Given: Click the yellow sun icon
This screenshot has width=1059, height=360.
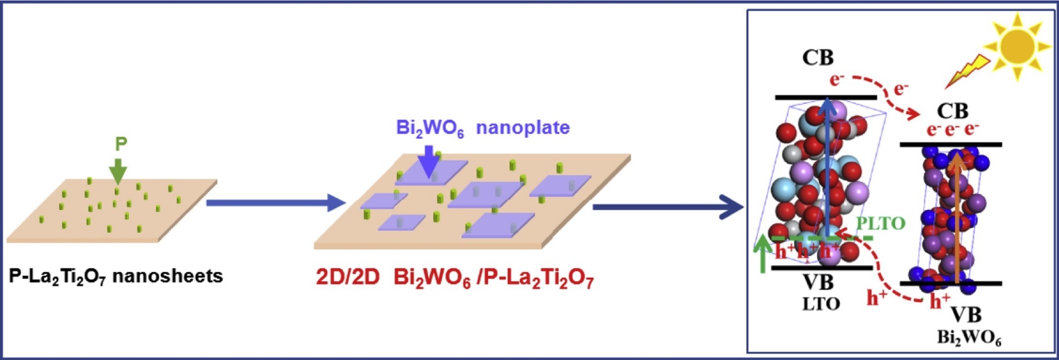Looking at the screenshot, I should (x=1017, y=46).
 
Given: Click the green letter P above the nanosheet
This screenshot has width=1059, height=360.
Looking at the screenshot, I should (x=121, y=144).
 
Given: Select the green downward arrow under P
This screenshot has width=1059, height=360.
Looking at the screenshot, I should (x=118, y=169).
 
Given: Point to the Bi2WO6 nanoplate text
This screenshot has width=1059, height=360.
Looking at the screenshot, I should (x=482, y=128).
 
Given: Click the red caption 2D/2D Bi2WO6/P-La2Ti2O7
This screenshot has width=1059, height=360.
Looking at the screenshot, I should (x=454, y=279).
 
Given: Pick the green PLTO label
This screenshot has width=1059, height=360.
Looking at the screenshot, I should (x=881, y=223).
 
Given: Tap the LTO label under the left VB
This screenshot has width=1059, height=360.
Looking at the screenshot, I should (x=821, y=304).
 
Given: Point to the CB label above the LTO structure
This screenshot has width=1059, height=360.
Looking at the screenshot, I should (x=818, y=57).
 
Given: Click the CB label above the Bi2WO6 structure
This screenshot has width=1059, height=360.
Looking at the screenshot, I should (x=952, y=111).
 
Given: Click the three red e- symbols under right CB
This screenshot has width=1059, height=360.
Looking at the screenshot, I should (x=952, y=130).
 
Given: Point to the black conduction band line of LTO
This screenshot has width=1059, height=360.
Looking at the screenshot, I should (x=825, y=98).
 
